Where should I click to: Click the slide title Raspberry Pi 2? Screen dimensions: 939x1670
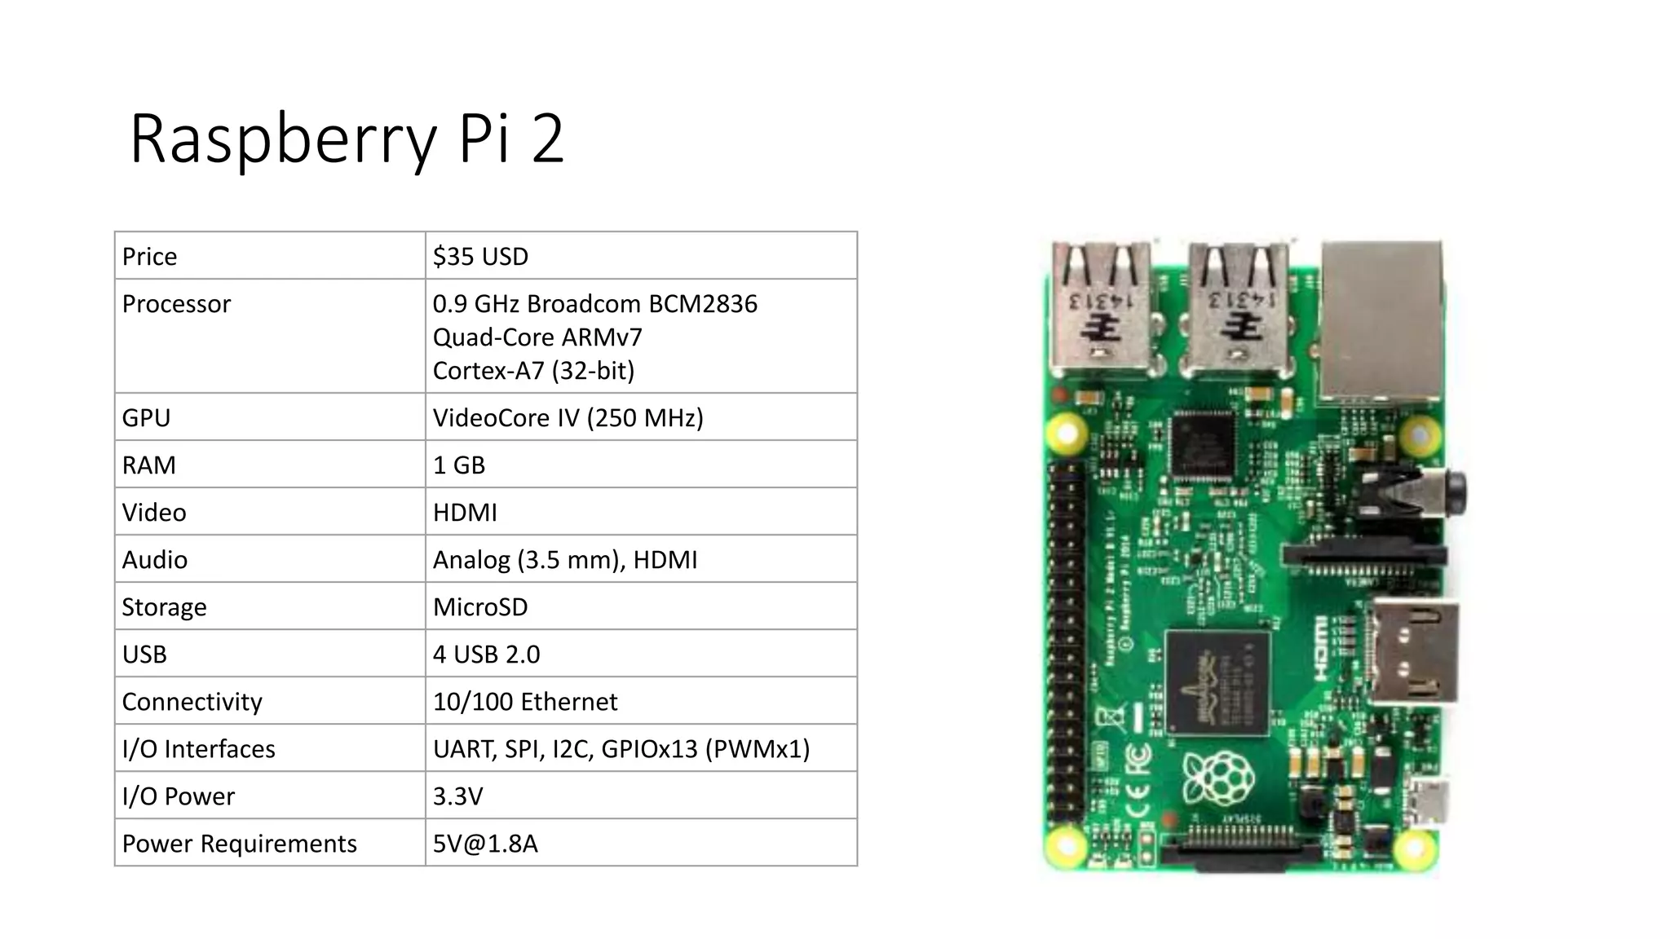347,139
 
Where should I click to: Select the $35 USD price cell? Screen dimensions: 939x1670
480,256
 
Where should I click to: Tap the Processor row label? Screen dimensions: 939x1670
176,303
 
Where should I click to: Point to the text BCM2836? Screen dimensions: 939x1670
702,303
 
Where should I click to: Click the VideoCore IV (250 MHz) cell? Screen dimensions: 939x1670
568,417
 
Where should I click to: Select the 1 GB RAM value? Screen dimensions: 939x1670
458,465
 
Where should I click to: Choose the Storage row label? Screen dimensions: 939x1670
164,606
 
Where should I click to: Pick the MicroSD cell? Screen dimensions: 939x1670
480,606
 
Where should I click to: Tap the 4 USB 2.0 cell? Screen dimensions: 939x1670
486,654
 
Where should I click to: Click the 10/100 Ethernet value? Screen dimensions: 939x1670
525,701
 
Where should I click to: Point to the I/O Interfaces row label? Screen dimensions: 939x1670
198,748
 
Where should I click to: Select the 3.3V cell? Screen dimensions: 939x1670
457,796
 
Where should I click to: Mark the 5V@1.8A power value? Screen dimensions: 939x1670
485,843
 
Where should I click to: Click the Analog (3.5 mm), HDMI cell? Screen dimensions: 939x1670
565,559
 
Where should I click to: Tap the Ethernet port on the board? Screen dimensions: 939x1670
1381,322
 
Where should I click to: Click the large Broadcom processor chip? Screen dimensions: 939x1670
1217,682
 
